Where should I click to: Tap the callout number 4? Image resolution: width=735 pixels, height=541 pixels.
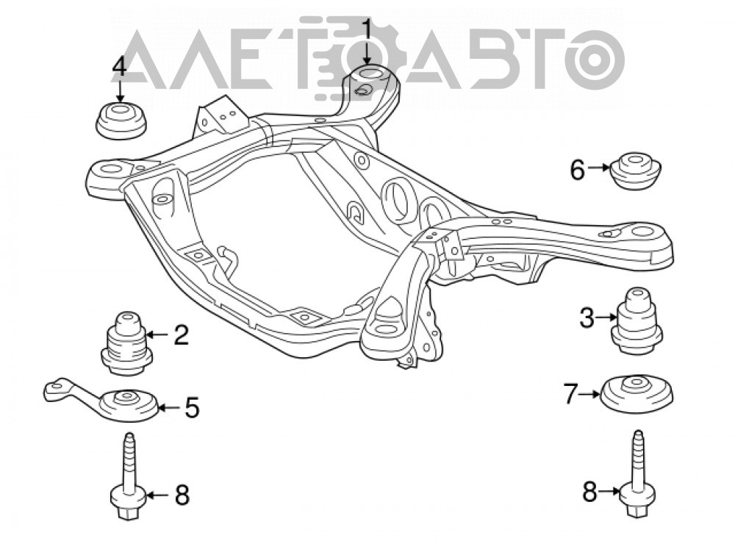coord(119,67)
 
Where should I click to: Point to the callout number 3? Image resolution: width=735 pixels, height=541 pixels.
coord(587,319)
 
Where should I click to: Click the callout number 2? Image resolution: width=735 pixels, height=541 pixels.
coord(181,334)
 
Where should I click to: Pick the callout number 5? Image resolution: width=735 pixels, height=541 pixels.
coord(191,407)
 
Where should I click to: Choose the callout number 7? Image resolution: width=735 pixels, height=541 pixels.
coord(570,394)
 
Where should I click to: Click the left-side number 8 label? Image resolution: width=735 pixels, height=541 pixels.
coord(182,495)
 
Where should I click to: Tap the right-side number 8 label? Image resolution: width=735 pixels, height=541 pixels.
coord(589,492)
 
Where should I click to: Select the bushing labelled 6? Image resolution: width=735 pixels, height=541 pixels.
coord(636,171)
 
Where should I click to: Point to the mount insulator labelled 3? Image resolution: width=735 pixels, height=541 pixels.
coord(637,320)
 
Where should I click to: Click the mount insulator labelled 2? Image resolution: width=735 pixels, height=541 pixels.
coord(127,343)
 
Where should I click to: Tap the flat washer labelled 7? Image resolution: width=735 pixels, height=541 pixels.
coord(637,394)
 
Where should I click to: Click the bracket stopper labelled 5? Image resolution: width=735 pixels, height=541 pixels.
coord(103,399)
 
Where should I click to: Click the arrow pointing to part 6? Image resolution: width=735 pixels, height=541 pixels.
coord(599,167)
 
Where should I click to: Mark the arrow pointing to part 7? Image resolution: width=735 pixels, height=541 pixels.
coord(589,394)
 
